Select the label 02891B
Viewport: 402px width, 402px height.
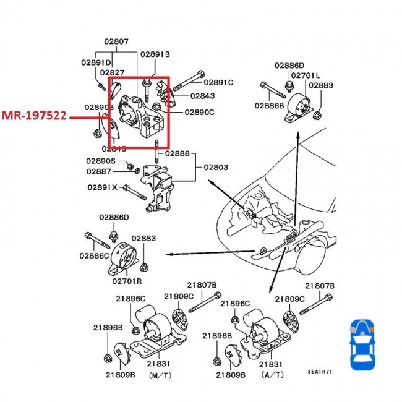click(155, 54)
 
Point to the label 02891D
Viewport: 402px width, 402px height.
click(96, 62)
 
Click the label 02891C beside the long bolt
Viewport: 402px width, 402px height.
click(219, 82)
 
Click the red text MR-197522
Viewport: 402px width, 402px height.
click(34, 116)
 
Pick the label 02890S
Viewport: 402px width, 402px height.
click(101, 161)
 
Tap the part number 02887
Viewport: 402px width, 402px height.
click(99, 171)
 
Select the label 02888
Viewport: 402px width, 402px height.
click(178, 153)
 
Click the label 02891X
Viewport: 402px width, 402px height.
click(101, 187)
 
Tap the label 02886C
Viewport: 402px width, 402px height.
click(94, 255)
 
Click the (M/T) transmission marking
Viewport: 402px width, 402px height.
click(158, 375)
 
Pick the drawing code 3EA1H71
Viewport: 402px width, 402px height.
click(321, 372)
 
